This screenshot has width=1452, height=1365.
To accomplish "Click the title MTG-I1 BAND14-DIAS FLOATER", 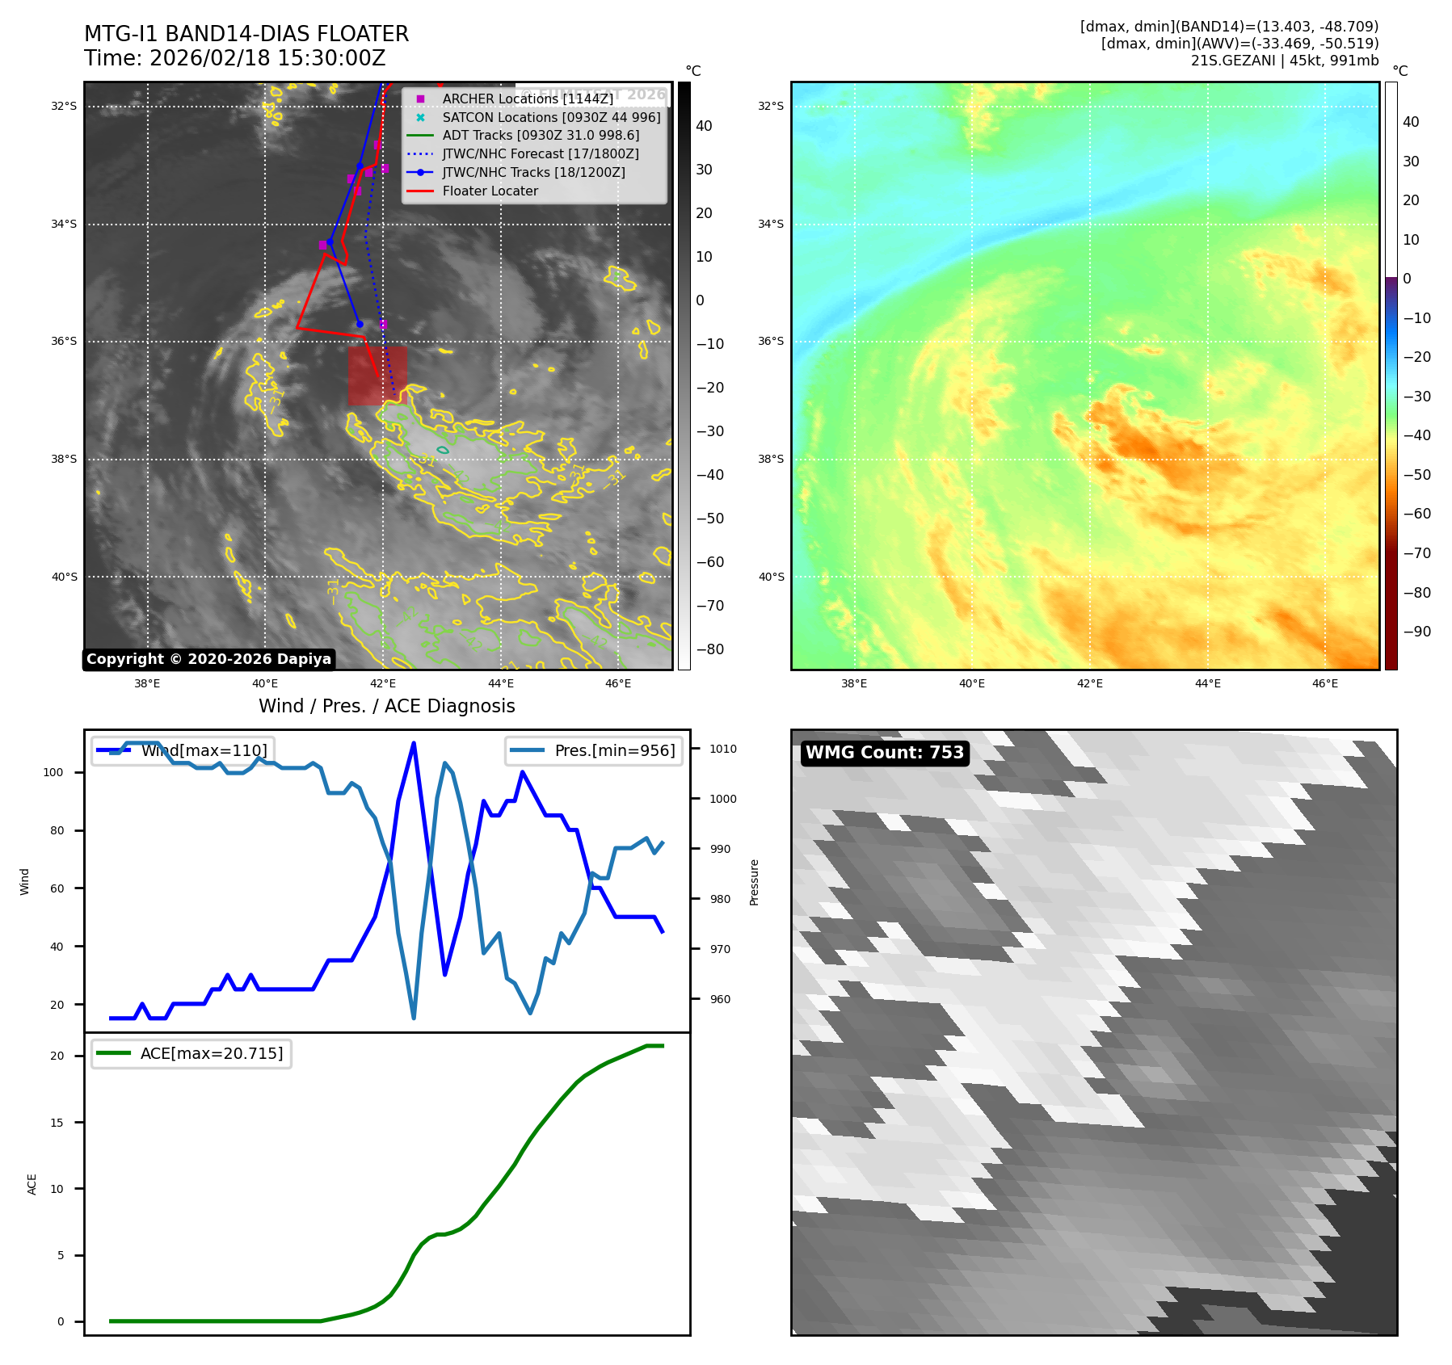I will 246,34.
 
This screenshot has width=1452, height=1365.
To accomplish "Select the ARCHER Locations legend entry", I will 527,99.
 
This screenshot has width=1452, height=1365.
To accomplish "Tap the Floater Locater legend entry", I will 490,191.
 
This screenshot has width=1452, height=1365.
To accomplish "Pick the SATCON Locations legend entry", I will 551,117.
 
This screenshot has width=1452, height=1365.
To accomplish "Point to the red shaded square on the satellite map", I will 377,376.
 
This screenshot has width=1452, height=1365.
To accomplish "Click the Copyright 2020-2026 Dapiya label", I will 208,659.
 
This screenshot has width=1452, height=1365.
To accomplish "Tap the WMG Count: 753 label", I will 885,753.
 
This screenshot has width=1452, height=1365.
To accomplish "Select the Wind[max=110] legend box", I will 183,750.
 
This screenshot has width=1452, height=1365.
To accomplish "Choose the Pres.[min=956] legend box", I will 593,750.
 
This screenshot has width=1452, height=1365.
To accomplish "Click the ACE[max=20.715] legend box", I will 191,1053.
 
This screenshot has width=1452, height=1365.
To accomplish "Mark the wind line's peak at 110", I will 414,743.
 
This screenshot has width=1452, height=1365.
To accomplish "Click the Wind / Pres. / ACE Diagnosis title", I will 386,706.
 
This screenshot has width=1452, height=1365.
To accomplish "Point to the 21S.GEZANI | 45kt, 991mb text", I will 1285,61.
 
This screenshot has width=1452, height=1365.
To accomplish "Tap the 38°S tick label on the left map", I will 65,459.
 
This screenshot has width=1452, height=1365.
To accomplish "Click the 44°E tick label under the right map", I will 1207,684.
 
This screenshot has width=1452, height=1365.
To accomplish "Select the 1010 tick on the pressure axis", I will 723,749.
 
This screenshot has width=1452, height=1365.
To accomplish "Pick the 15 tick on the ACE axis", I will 57,1123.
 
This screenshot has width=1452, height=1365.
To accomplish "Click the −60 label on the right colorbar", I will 1416,514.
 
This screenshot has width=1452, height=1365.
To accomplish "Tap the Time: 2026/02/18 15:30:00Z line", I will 235,58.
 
